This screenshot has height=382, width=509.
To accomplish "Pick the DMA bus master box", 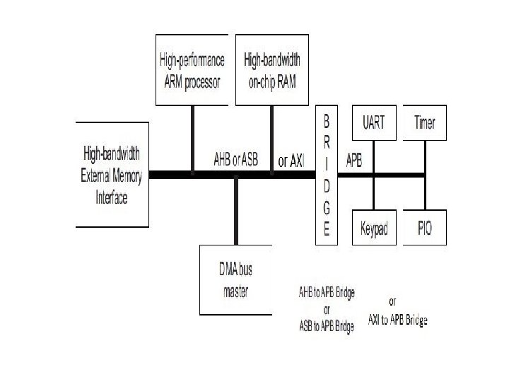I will point(235,279).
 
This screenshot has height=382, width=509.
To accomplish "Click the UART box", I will point(373,123).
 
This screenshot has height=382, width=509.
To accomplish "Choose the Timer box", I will point(425,123).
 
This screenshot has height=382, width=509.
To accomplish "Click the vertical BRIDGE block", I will point(326,174).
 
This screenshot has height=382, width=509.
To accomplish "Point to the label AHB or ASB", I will point(235,161).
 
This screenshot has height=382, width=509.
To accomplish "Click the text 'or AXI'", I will point(290,162).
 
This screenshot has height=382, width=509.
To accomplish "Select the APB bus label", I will point(353,161).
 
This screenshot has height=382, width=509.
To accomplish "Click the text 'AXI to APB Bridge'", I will point(398,320).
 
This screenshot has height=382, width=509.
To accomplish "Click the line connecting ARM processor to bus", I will point(192,138).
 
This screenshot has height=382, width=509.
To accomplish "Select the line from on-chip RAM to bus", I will point(271,138).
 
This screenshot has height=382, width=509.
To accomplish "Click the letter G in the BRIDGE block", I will point(326,208).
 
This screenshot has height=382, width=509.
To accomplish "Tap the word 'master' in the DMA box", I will point(235,291).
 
